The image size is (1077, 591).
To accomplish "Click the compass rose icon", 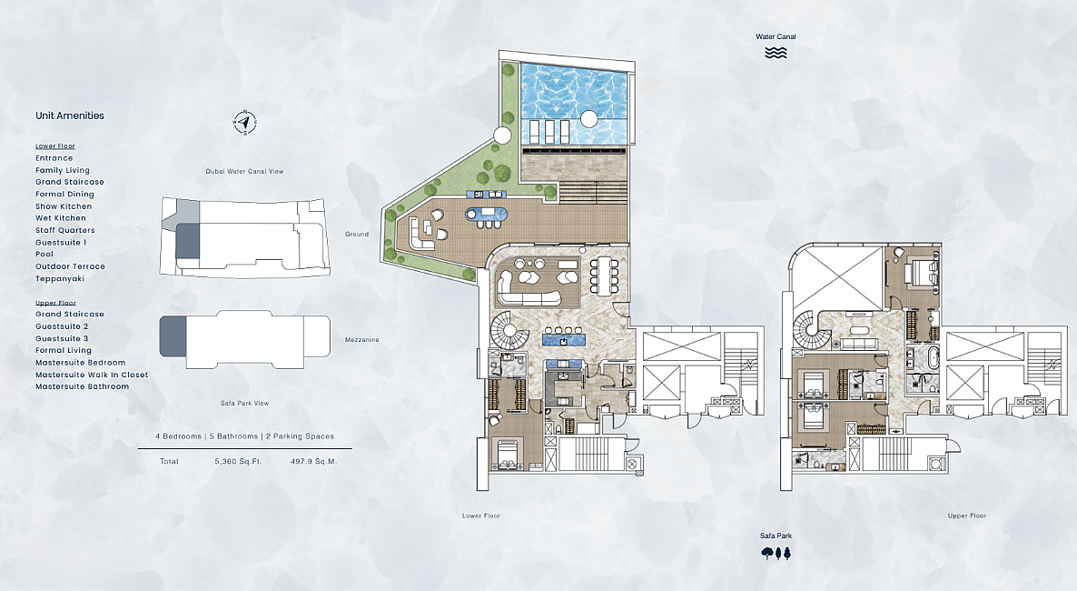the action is (245, 123).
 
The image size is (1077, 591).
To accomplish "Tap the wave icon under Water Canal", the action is (776, 53).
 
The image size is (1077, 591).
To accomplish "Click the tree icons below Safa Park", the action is (776, 553).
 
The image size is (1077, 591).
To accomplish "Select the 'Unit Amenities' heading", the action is (70, 115).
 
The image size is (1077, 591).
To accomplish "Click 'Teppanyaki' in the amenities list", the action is (60, 278).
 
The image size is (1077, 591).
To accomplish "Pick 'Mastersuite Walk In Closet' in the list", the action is (92, 375).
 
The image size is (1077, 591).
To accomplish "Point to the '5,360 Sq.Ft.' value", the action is (238, 462).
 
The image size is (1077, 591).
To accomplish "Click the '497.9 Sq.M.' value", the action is (314, 462).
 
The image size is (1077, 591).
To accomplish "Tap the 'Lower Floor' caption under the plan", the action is (481, 516).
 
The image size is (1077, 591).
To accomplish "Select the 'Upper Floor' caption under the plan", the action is (967, 516).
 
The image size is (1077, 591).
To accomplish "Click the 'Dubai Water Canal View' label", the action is (244, 171).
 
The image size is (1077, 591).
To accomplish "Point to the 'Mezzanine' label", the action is (362, 340).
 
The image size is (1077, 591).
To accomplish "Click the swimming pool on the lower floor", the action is (574, 104).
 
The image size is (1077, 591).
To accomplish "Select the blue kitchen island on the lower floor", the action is (564, 340).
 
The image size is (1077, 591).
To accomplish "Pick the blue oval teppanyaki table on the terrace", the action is (488, 214).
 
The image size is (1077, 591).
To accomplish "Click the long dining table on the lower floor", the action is (605, 275).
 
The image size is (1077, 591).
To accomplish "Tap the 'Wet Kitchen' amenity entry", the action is (61, 218).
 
